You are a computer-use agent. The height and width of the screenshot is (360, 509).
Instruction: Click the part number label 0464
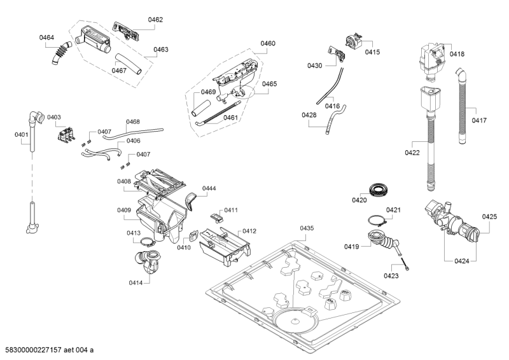(x=46, y=38)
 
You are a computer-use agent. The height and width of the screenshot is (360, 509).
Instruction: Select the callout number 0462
(x=155, y=20)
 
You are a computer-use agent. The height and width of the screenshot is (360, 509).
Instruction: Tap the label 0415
(x=372, y=52)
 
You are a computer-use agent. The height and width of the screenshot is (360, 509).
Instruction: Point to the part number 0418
(x=457, y=55)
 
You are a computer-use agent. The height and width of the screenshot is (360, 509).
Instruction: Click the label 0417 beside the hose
(x=479, y=120)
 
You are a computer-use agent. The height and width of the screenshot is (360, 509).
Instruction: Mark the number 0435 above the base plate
(x=307, y=228)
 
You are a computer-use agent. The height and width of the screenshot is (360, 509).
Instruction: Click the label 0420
(x=359, y=200)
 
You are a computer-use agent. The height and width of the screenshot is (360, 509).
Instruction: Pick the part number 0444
(x=209, y=188)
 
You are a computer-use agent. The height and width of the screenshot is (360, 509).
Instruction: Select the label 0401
(x=22, y=134)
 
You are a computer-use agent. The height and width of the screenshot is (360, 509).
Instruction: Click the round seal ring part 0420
(x=378, y=189)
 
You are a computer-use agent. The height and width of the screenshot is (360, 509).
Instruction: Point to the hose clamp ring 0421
(x=377, y=221)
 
